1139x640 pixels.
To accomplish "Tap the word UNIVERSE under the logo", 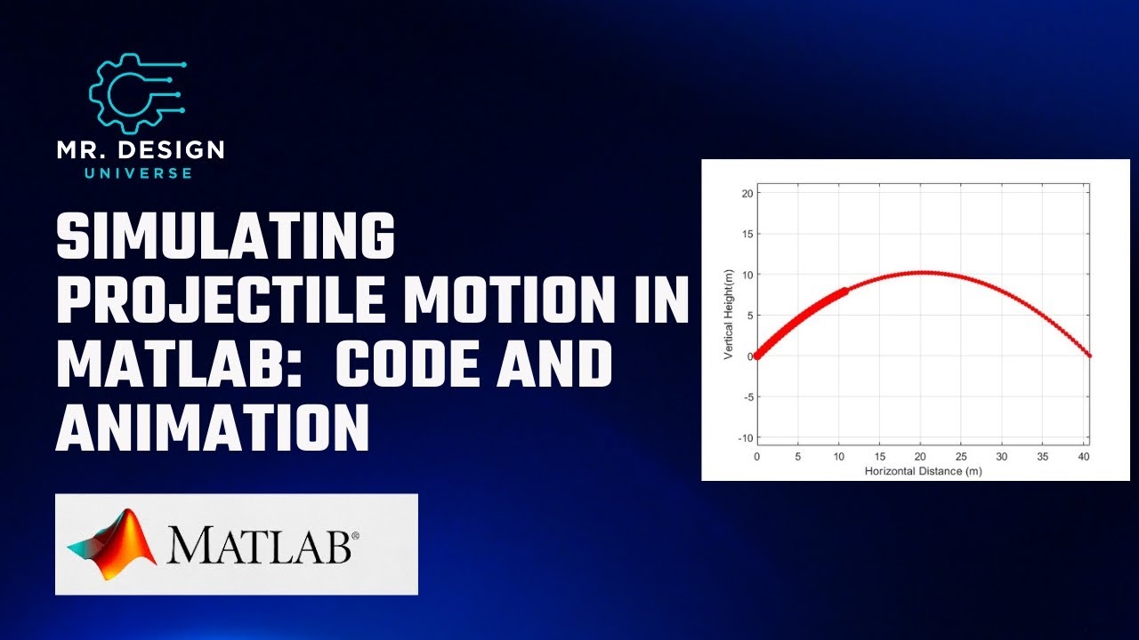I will click(x=138, y=172).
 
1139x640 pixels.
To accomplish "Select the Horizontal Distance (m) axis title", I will click(x=923, y=470).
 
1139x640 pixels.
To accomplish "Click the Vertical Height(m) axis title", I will click(x=728, y=316).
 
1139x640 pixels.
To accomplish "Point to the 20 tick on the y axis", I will click(x=747, y=193).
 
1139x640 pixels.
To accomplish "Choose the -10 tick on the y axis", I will click(x=745, y=438).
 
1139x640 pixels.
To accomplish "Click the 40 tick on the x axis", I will click(x=1083, y=457).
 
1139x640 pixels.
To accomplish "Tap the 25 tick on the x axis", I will click(x=961, y=457).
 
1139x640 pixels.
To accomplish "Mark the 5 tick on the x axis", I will click(x=798, y=457).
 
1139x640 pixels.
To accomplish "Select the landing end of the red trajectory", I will click(x=1089, y=356).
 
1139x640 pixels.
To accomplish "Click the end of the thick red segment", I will click(x=844, y=290).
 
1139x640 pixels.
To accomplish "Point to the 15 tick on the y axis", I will click(x=747, y=234).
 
